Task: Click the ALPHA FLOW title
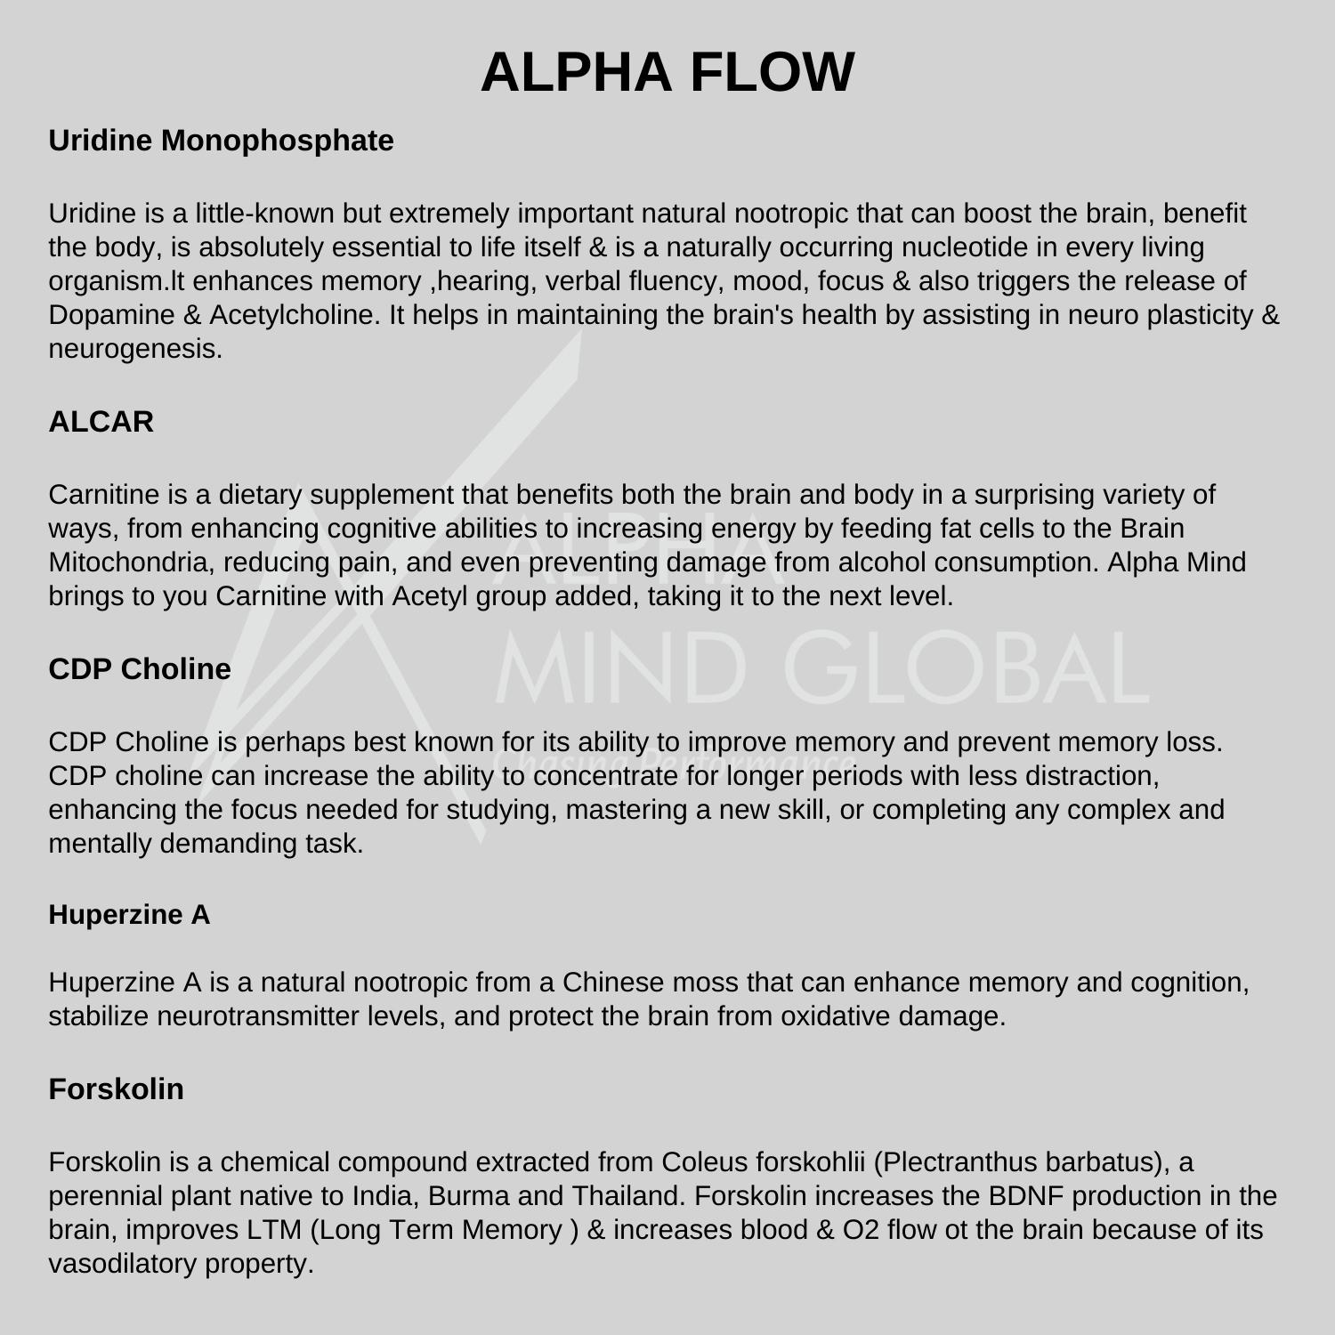[667, 72]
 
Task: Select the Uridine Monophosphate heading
[221, 141]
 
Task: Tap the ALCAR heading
[101, 422]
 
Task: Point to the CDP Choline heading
[140, 669]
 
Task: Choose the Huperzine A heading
[129, 915]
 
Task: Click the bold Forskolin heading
[116, 1089]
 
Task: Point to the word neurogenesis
[134, 349]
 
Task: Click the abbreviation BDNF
[1024, 1196]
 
